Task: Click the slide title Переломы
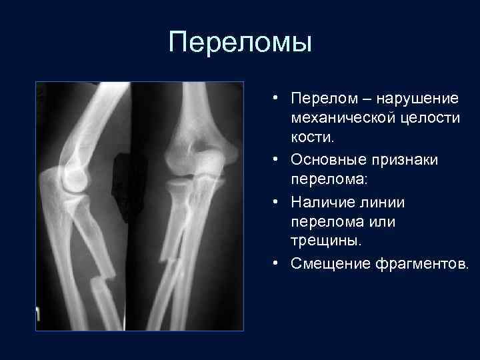240,42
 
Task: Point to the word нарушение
417,99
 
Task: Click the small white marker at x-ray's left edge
39,313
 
